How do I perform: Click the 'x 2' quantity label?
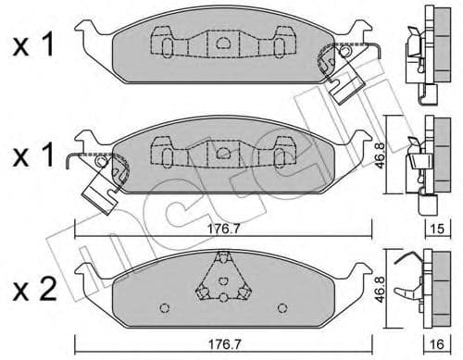coord(34,289)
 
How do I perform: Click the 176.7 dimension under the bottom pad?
coord(224,344)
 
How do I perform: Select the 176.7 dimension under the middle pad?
coord(223,229)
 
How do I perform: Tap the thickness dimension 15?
coord(437,229)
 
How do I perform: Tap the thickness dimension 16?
coord(437,344)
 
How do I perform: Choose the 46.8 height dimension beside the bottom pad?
coord(380,289)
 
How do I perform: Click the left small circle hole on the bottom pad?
coord(165,307)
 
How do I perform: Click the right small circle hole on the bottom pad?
coord(282,307)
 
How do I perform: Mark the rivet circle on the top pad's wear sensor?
coord(344,51)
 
